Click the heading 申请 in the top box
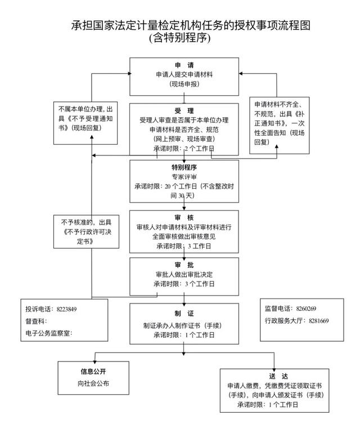(x=184, y=64)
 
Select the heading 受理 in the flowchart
(x=184, y=110)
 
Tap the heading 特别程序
(x=184, y=167)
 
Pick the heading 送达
(x=275, y=375)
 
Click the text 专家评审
(x=184, y=176)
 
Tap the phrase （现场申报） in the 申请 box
(x=184, y=83)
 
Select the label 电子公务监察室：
(x=49, y=333)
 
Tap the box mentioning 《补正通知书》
(x=280, y=123)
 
